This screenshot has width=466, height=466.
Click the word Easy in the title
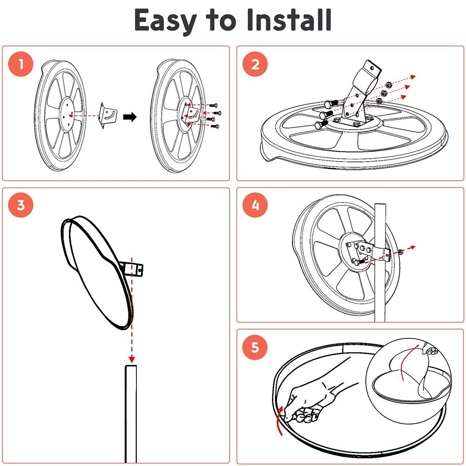[165, 20]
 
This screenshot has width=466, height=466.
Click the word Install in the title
[289, 20]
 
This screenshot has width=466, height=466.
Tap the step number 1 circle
[21, 64]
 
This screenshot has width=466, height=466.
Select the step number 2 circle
[255, 64]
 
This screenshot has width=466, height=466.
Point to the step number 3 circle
[21, 205]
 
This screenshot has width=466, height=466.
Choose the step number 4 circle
[255, 205]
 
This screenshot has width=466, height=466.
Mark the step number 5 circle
[255, 347]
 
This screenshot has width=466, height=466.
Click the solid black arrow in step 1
[130, 117]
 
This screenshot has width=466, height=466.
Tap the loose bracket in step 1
[108, 115]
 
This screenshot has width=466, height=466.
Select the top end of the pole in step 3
[131, 366]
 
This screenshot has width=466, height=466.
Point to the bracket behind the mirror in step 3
[132, 269]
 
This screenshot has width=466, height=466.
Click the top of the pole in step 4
[380, 205]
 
